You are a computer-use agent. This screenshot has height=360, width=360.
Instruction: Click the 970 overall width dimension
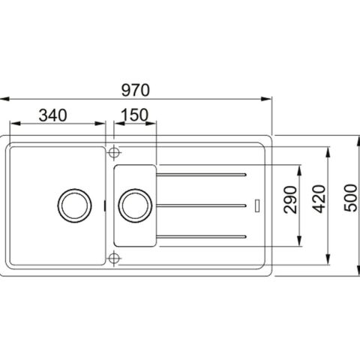(x=136, y=90)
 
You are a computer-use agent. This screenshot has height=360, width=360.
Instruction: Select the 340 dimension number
(x=53, y=115)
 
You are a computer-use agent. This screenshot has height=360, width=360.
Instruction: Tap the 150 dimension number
(x=135, y=115)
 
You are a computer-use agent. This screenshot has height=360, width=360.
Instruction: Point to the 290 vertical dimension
(x=290, y=199)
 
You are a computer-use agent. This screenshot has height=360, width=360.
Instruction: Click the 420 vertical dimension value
(x=319, y=199)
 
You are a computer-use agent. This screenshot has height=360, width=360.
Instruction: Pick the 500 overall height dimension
(x=350, y=198)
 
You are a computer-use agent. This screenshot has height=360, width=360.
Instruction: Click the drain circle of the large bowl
(x=74, y=205)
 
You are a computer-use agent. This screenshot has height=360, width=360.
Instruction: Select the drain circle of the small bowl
(x=135, y=205)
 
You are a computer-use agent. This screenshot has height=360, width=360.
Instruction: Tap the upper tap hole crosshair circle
(x=114, y=152)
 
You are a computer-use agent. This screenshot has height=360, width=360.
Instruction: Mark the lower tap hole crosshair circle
(x=114, y=258)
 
